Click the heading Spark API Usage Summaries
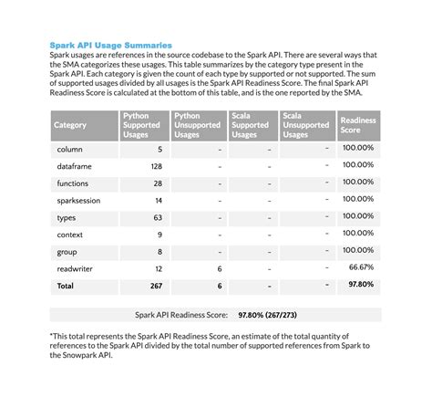pyautogui.click(x=110, y=43)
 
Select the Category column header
pyautogui.click(x=70, y=125)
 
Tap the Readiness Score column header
pyautogui.click(x=357, y=125)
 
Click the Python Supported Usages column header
pyautogui.click(x=141, y=125)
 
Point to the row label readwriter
pyautogui.click(x=75, y=268)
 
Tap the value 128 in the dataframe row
pyautogui.click(x=155, y=166)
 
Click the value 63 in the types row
pyautogui.click(x=158, y=217)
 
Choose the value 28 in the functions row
pyautogui.click(x=158, y=183)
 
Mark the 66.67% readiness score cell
pyautogui.click(x=361, y=267)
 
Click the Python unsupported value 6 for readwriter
pyautogui.click(x=220, y=268)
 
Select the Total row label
pyautogui.click(x=67, y=285)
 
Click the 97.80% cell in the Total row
pyautogui.click(x=359, y=284)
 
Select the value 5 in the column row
pyautogui.click(x=159, y=149)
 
